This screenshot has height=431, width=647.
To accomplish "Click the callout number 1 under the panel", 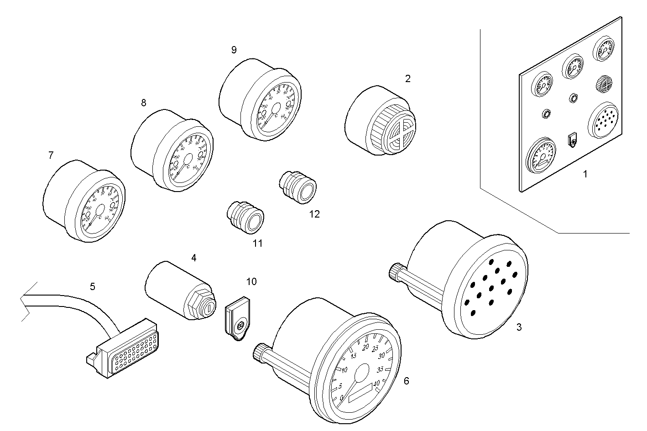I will coord(585,174).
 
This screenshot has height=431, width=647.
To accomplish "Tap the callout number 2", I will coord(407,78).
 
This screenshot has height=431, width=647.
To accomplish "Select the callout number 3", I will coord(519,327).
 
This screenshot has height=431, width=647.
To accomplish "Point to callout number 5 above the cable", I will coord(93,286).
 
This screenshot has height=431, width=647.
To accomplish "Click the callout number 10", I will coord(251,281).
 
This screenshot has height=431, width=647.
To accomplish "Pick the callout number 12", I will coord(314,214).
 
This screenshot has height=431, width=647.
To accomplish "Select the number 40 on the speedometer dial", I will coord(376,384).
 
